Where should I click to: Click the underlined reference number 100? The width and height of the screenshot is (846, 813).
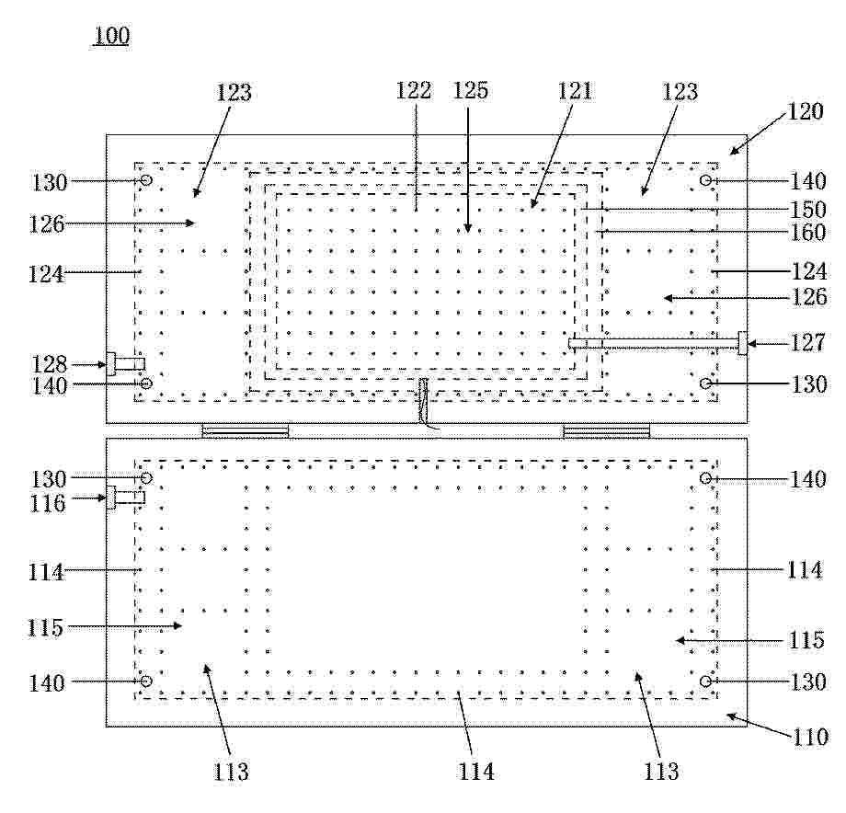coord(111,36)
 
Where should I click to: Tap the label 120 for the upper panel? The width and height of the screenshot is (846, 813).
coord(805,111)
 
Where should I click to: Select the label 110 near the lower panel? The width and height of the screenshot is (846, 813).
coord(810,737)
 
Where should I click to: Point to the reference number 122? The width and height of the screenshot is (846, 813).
coord(414,90)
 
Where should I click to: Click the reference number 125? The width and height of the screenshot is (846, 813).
coord(471,90)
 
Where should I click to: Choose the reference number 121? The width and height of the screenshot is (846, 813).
coord(575,91)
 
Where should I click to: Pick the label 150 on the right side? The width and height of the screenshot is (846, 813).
coord(808,210)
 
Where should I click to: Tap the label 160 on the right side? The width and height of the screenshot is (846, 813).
coord(808,233)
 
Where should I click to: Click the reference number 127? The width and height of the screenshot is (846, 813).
coord(808,342)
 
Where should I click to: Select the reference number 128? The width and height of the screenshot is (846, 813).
coord(49,365)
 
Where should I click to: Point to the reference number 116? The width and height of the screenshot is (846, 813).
coord(48,503)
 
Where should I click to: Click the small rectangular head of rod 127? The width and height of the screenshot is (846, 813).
coord(742,343)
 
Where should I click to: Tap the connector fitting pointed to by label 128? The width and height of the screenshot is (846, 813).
coord(125,364)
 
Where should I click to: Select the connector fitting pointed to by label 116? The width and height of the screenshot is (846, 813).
coord(125,498)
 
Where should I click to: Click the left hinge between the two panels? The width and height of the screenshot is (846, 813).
coord(245,430)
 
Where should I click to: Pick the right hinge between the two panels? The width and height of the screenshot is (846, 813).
coord(606,430)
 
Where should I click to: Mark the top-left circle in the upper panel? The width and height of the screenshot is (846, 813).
coord(146,179)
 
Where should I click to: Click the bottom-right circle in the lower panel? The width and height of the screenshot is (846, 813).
coord(705,681)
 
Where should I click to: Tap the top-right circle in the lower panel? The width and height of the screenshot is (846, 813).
coord(705,478)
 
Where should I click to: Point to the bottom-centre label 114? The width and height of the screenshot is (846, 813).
coord(476,772)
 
